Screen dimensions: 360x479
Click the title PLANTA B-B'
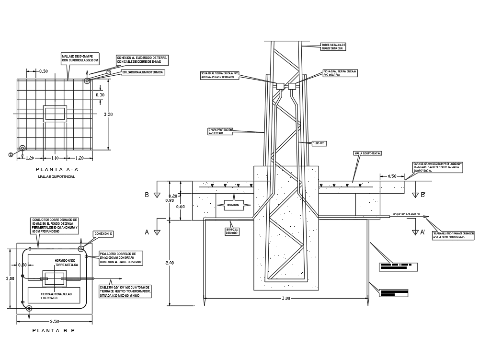pyautogui.click(x=54, y=330)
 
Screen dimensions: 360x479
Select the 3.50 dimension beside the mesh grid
pyautogui.click(x=109, y=114)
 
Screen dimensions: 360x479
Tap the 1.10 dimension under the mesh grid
pyautogui.click(x=54, y=158)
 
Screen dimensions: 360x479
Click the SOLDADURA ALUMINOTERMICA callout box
pyautogui.click(x=142, y=72)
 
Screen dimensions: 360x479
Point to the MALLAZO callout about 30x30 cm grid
pyautogui.click(x=80, y=59)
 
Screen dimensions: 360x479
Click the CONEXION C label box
pyautogui.click(x=103, y=234)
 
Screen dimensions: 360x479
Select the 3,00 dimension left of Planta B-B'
pyautogui.click(x=10, y=278)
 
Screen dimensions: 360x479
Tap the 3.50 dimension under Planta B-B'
pyautogui.click(x=54, y=321)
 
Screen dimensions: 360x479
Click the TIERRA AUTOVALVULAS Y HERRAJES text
pyautogui.click(x=53, y=296)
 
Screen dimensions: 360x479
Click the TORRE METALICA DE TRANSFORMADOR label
pyautogui.click(x=333, y=46)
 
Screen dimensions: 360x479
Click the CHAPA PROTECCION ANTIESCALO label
pyautogui.click(x=220, y=131)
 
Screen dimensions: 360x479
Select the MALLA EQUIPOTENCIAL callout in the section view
pyautogui.click(x=367, y=153)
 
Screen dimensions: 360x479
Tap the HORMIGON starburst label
pyautogui.click(x=234, y=205)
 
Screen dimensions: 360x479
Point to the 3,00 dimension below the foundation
pyautogui.click(x=286, y=298)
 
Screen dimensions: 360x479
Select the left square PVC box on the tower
pyautogui.click(x=280, y=86)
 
